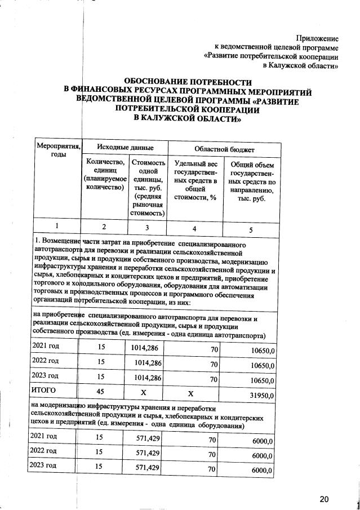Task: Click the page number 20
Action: [x=323, y=499]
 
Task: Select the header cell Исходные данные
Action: [x=121, y=147]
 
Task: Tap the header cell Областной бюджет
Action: [x=224, y=149]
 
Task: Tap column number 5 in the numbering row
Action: [x=251, y=229]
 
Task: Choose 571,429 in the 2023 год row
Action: [x=149, y=467]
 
